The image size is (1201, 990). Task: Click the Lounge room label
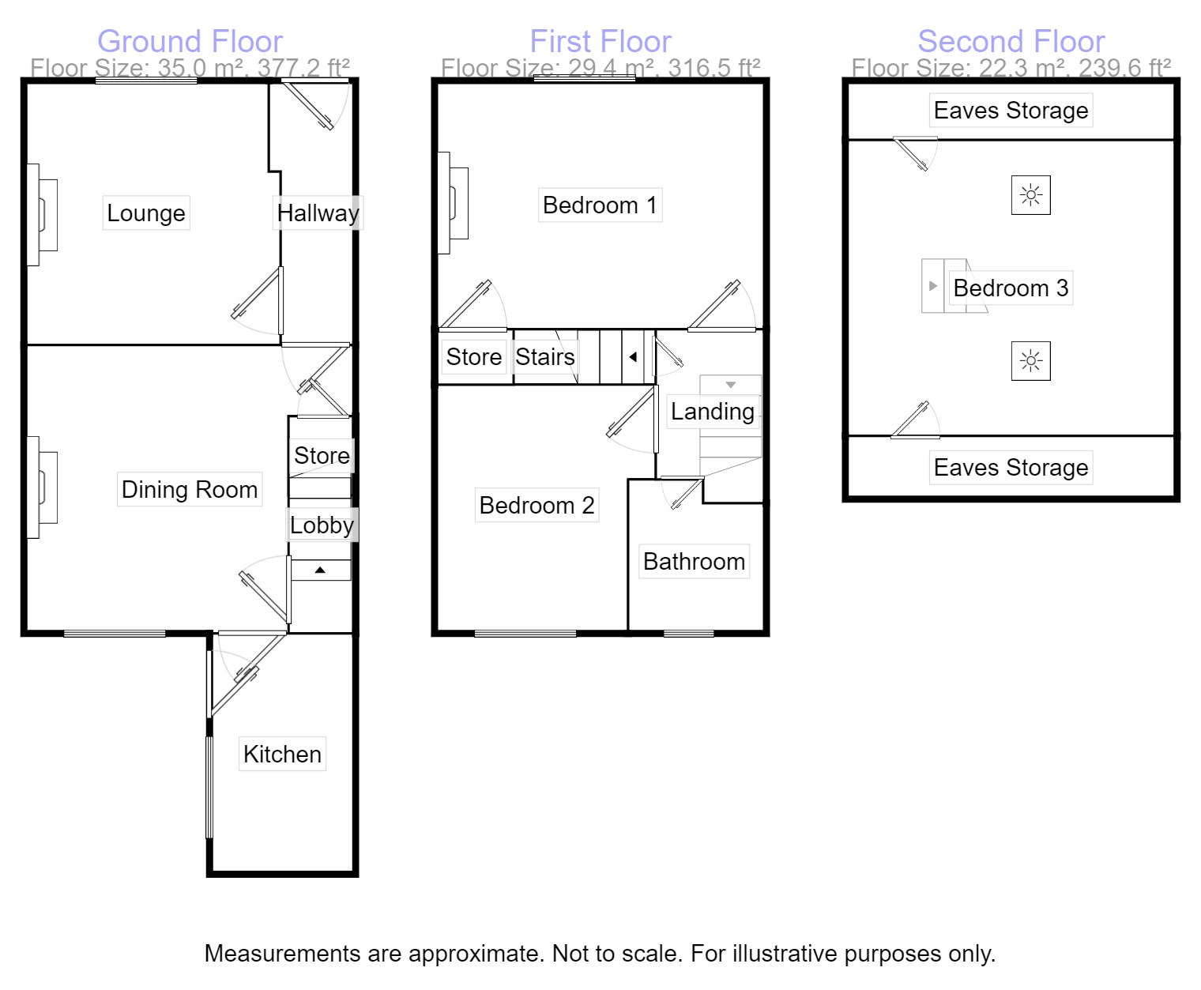(146, 213)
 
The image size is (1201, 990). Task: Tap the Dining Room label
(190, 490)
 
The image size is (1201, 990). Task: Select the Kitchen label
(282, 755)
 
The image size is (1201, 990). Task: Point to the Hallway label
(318, 213)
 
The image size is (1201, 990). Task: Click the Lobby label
(322, 525)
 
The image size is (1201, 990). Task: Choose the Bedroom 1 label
(600, 205)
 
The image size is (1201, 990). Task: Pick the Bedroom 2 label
(536, 506)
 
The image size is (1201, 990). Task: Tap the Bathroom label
(694, 562)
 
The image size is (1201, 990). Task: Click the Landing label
(712, 412)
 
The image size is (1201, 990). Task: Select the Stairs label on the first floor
(545, 357)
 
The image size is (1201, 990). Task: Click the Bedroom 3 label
(1011, 288)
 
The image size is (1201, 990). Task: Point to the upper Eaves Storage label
(1011, 111)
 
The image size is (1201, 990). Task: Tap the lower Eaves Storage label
(1011, 468)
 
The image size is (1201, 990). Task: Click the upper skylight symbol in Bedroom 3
(1030, 195)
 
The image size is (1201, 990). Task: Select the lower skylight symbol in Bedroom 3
(1030, 361)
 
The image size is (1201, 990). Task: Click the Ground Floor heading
(190, 41)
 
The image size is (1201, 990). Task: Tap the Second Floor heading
(1011, 41)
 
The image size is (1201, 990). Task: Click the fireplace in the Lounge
(43, 215)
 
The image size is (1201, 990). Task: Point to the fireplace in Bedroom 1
(454, 203)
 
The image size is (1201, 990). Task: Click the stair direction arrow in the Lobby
(320, 570)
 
